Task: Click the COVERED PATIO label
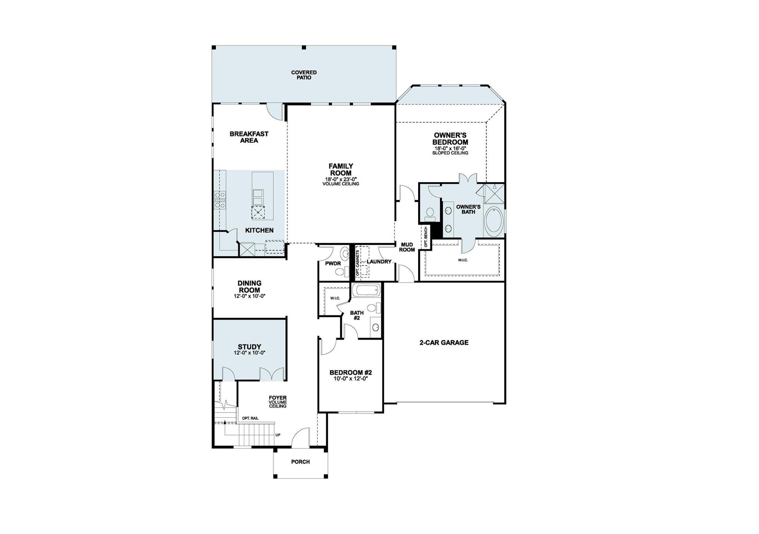[304, 75]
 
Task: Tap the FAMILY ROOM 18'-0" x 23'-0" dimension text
[341, 179]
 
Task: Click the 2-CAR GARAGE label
[444, 343]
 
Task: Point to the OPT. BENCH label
[426, 237]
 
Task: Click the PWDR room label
[332, 263]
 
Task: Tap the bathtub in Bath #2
[366, 290]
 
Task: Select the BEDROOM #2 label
[351, 373]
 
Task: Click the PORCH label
[300, 462]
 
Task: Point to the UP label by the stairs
[278, 435]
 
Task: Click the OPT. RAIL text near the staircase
[250, 418]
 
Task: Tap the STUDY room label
[249, 347]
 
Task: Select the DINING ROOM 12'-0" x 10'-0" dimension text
[249, 296]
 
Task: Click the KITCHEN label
[259, 230]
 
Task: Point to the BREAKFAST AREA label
[249, 137]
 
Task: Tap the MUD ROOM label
[407, 247]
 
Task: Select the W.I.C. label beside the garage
[463, 260]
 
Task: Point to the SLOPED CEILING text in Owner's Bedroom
[450, 153]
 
